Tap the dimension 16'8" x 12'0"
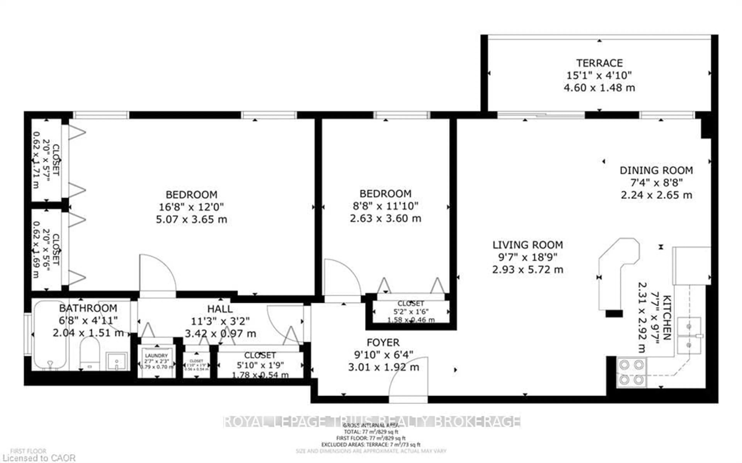[191, 207]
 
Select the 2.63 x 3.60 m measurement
[385, 218]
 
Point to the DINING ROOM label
[656, 170]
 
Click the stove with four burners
[631, 372]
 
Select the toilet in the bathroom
[90, 354]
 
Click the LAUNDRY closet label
[157, 356]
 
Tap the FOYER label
[383, 342]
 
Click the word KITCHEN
[667, 317]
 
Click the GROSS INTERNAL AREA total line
[371, 432]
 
